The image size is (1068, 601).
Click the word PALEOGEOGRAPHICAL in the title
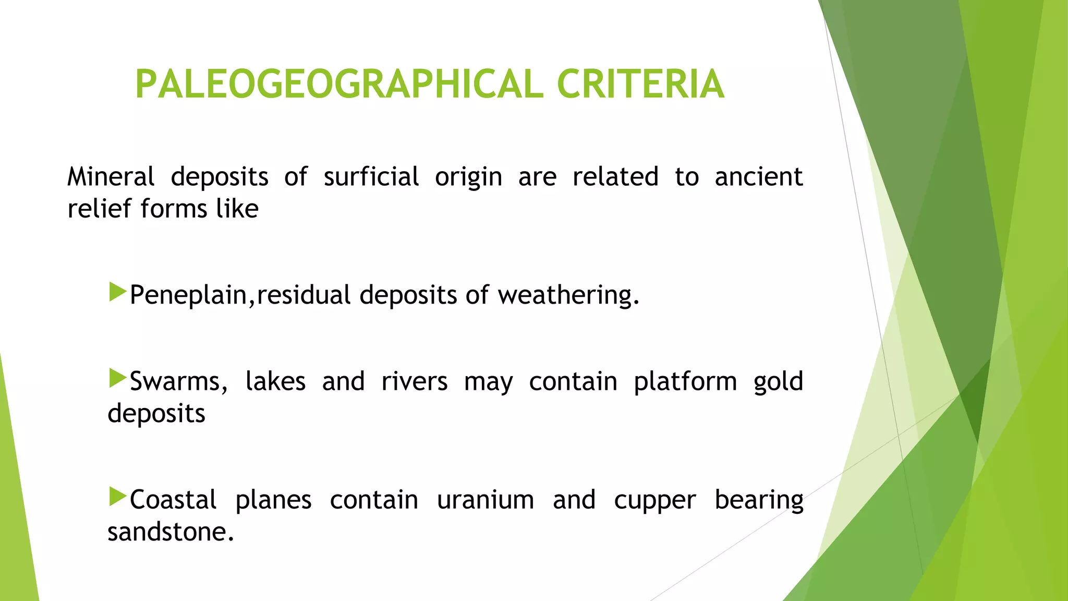tap(339, 85)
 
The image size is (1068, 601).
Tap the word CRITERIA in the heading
tap(640, 85)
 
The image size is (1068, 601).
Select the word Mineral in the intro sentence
tap(111, 177)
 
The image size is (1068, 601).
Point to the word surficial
tap(371, 177)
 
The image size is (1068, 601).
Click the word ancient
tap(758, 177)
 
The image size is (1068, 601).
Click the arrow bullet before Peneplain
tap(118, 293)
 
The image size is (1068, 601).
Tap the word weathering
tap(567, 295)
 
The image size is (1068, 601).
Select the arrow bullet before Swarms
tap(118, 379)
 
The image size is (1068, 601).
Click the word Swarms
tap(177, 381)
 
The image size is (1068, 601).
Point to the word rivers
tap(414, 381)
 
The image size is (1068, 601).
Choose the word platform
tap(685, 381)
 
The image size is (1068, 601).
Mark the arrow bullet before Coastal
tap(118, 497)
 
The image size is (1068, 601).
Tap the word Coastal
tap(173, 500)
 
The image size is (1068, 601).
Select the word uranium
tap(485, 500)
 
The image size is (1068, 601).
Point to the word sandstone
tap(170, 532)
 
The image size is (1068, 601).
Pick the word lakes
tap(275, 381)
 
